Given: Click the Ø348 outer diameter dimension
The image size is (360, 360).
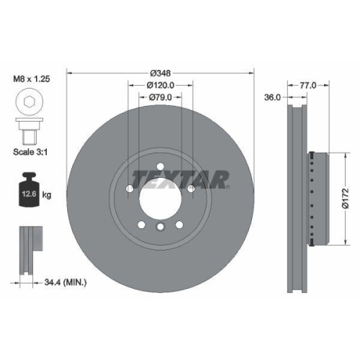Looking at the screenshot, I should (x=160, y=73).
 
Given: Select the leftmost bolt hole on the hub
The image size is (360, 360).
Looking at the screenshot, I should (x=129, y=189).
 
